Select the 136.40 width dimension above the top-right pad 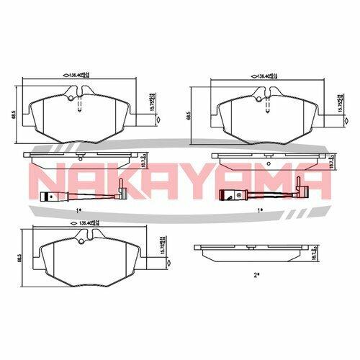264,73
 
